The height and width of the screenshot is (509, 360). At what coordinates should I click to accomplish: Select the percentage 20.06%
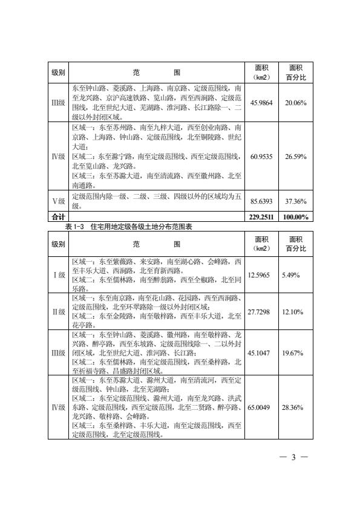pos(296,103)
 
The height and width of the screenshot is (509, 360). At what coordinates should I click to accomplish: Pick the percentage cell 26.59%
pos(296,157)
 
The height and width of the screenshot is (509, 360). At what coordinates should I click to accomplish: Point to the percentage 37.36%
pos(296,201)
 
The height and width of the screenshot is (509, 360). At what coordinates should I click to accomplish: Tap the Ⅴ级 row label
pos(58,201)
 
